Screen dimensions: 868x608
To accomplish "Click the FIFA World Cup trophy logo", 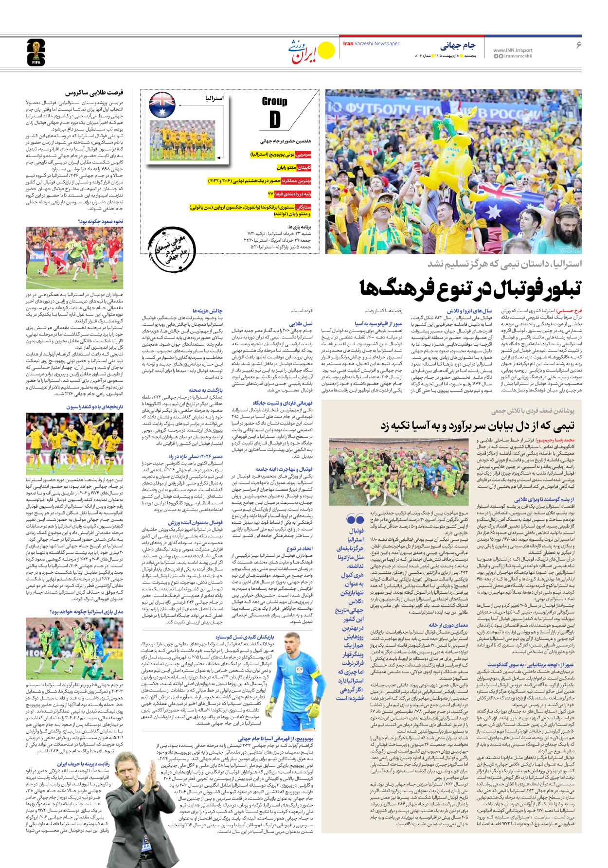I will (36, 53).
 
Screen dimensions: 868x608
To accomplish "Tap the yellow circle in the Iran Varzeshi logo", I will (326, 50).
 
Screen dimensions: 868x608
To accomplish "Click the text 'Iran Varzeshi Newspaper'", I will (371, 44).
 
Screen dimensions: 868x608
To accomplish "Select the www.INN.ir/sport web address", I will (513, 50).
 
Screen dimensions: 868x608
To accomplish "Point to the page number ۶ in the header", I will (579, 45).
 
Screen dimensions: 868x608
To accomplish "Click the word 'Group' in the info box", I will (274, 101).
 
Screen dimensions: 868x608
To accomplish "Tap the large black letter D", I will (275, 119).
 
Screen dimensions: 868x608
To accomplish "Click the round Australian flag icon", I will (162, 105).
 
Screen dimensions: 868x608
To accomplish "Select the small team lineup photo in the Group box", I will (182, 141).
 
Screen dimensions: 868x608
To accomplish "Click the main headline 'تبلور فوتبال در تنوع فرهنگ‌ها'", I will (470, 288).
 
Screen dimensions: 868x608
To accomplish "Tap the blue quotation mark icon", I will (356, 520).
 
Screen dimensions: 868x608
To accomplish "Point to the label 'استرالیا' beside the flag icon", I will (214, 99).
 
